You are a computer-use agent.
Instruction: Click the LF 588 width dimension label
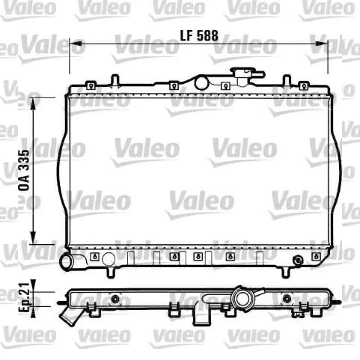coord(199,36)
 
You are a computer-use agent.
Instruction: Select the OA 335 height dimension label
coord(24,170)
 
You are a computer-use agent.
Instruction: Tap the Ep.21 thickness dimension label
coord(24,297)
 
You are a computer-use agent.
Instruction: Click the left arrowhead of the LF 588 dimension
coord(76,43)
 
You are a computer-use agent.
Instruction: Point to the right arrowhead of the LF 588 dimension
coord(321,43)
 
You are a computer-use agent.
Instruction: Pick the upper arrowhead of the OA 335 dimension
coord(33,103)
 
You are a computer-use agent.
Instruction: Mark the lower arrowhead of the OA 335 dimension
coord(33,238)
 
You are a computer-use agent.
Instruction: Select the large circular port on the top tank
coord(201,83)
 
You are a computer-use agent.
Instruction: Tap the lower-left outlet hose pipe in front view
coord(67,262)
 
